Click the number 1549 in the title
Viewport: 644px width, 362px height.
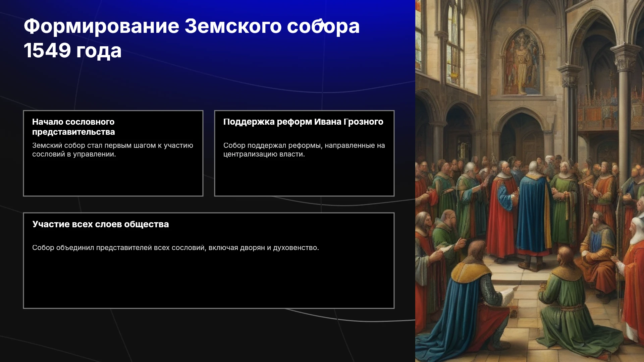click(x=47, y=51)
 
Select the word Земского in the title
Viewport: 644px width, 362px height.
click(x=233, y=26)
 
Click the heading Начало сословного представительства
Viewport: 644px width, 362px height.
click(x=73, y=127)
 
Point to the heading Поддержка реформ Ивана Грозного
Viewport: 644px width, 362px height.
click(x=303, y=122)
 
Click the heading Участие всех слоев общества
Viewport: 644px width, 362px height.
click(x=101, y=224)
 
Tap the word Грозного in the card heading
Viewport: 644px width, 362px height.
click(x=364, y=122)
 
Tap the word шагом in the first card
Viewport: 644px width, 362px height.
click(x=145, y=146)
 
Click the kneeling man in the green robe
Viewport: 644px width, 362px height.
click(x=570, y=302)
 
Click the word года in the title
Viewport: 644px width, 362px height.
click(x=99, y=51)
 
